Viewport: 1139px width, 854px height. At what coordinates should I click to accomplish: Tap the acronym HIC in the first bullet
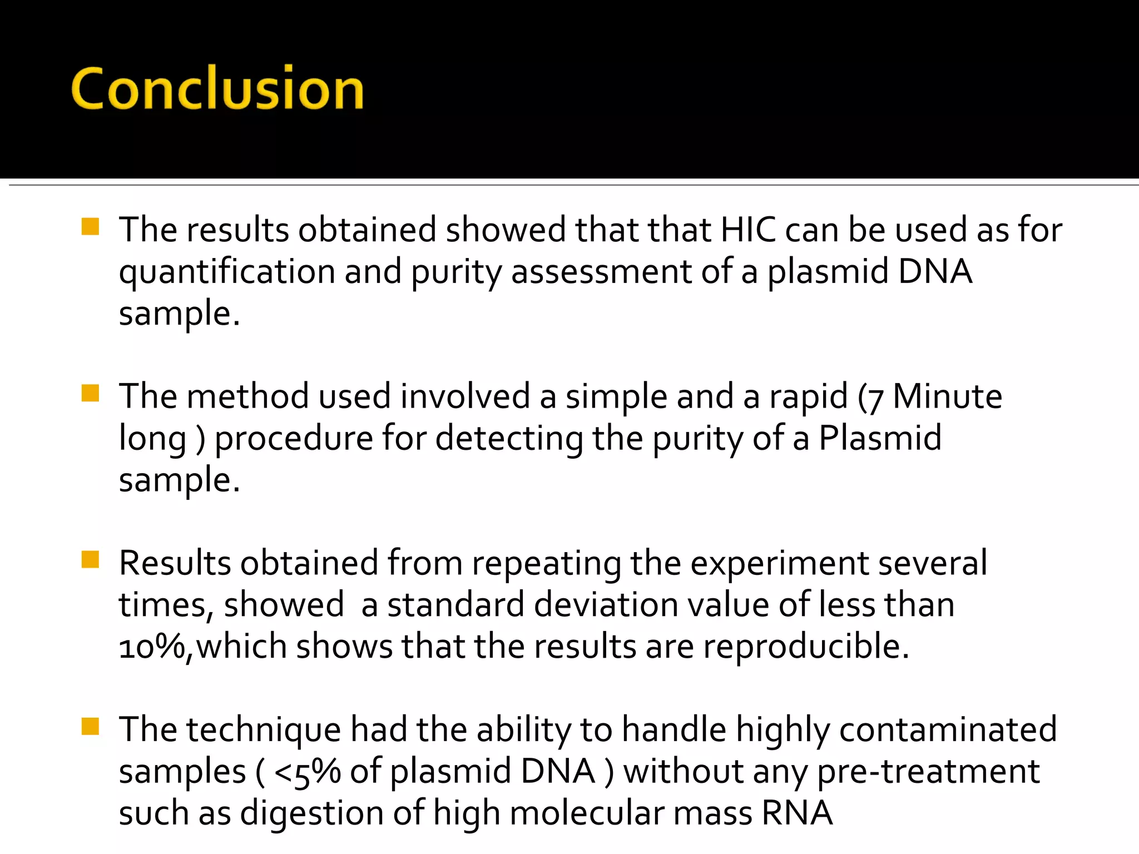(x=747, y=230)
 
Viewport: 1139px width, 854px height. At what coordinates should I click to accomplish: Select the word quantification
(x=227, y=272)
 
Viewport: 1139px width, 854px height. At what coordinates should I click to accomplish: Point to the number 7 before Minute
(x=875, y=399)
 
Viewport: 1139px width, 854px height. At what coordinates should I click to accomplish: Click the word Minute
(x=947, y=397)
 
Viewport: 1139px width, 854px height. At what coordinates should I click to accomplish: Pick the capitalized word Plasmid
(x=880, y=438)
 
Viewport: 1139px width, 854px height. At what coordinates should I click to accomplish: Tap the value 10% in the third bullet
(x=152, y=647)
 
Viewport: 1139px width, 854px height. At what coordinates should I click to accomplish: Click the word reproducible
(x=806, y=647)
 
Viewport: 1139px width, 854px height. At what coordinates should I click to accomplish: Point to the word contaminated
(x=948, y=730)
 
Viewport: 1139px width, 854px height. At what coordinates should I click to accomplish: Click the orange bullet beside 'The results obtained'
(x=90, y=227)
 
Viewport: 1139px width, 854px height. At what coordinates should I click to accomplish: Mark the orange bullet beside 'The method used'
(x=90, y=394)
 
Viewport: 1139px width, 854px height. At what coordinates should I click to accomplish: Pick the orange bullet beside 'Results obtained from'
(x=90, y=560)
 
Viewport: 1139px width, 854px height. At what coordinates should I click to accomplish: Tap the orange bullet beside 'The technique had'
(x=90, y=727)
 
